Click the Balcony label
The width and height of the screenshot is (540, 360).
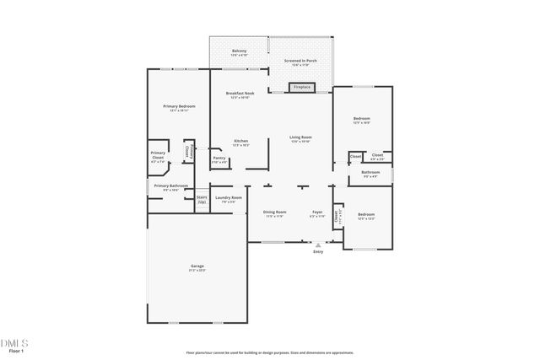[239, 51]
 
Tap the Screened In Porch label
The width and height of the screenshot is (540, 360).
[300, 59]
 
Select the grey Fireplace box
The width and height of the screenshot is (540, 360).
[300, 86]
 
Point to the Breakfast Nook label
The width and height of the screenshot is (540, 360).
[239, 93]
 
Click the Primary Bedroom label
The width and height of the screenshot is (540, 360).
[178, 107]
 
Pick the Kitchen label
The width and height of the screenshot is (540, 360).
[240, 141]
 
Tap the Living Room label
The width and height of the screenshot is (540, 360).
[300, 137]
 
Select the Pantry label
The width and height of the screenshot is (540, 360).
[219, 158]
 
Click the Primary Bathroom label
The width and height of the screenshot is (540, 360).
[170, 186]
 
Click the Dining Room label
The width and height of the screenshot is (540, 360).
[274, 212]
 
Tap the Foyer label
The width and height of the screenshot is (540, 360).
[317, 212]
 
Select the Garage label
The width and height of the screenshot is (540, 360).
[197, 267]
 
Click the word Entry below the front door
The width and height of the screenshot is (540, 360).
[318, 251]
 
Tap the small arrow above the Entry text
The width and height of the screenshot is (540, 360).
[318, 244]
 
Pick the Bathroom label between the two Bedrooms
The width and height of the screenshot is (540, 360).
[371, 173]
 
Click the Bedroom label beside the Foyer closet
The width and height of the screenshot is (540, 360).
[366, 215]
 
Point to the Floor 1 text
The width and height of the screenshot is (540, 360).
[13, 351]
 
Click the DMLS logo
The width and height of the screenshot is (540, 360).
[14, 342]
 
